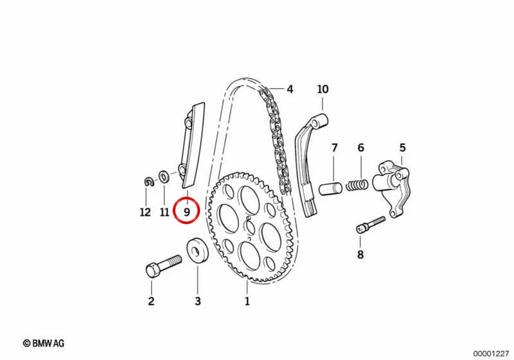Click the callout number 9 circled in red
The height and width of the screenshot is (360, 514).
point(186,212)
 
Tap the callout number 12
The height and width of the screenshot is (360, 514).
point(145,212)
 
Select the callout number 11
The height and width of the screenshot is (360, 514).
point(164,212)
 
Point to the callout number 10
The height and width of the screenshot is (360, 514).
point(323,89)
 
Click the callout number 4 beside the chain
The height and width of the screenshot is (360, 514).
point(290,89)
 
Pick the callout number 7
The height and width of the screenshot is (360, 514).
point(334,148)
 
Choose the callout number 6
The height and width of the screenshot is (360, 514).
point(360,148)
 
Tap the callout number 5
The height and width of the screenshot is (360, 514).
point(402,148)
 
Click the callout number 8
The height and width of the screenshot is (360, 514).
point(360,255)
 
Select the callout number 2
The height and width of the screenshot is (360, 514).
point(151,301)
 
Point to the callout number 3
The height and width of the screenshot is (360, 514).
point(198,301)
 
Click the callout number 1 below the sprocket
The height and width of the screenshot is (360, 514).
point(247,301)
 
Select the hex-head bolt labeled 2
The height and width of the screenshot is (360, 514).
point(163,266)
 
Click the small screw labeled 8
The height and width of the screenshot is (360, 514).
point(371,224)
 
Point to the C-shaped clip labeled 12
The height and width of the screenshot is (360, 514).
point(150,181)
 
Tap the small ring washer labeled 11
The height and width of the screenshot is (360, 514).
point(164,177)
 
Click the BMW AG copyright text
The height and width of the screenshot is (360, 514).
point(44,343)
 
